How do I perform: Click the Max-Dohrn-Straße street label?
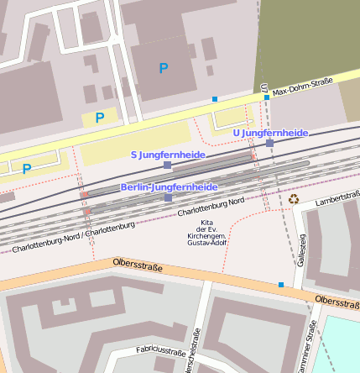(303, 86)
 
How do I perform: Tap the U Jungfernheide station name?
(270, 133)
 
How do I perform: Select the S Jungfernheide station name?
(168, 155)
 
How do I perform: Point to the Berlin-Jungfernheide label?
(169, 186)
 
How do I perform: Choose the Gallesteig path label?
(300, 250)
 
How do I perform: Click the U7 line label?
(263, 88)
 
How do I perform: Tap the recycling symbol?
(294, 199)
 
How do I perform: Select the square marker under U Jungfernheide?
(269, 144)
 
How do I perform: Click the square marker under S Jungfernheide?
(167, 165)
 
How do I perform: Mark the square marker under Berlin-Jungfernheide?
(168, 197)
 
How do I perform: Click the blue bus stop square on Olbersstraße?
(280, 285)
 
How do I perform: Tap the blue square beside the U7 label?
(267, 98)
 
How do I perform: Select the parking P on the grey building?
(164, 67)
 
